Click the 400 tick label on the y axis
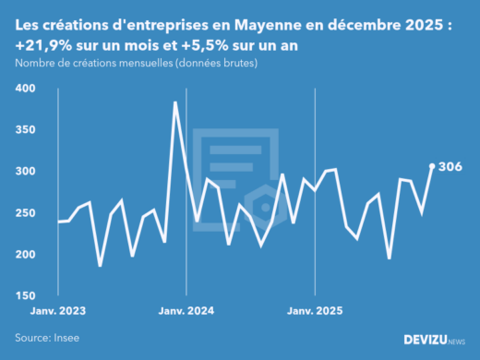click(x=25, y=89)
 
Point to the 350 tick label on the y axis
click(x=25, y=130)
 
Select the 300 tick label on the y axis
click(x=25, y=172)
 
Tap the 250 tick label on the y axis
click(x=25, y=213)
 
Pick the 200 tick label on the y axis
click(x=25, y=255)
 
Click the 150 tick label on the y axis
click(x=25, y=295)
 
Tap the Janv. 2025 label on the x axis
click(x=316, y=312)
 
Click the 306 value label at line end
click(x=450, y=167)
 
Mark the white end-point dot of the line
click(x=432, y=167)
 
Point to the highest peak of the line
click(x=175, y=102)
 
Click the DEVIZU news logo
click(x=434, y=340)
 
